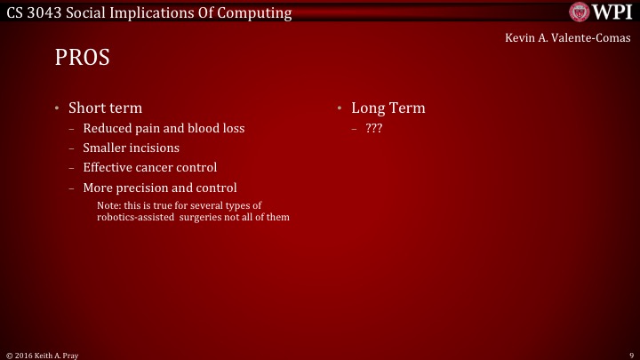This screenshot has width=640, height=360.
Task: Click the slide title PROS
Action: point(82,58)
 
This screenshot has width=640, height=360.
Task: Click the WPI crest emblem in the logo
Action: point(580,12)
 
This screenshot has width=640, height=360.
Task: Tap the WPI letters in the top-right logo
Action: point(612,12)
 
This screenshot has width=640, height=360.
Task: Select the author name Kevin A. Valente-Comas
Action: point(567,38)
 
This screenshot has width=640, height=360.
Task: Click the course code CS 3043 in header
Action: point(32,12)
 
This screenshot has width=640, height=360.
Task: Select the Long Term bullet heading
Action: point(388,108)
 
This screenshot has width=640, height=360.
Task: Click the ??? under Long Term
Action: point(373,128)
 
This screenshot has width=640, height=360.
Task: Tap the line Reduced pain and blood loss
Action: point(164,128)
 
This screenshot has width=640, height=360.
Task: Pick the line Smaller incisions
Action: point(131,148)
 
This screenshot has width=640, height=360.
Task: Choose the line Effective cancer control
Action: point(149,167)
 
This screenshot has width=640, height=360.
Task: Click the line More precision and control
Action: point(160,188)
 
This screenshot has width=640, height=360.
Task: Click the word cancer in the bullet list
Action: point(154,167)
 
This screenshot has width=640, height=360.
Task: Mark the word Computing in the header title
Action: point(255,12)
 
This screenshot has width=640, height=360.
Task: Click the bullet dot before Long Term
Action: point(340,108)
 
